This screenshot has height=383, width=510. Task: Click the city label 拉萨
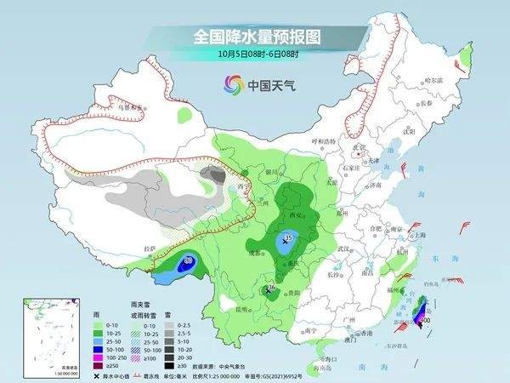click(x=150, y=249)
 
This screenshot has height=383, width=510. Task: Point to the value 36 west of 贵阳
click(x=271, y=289)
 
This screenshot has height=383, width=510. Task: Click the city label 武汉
click(x=345, y=249)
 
